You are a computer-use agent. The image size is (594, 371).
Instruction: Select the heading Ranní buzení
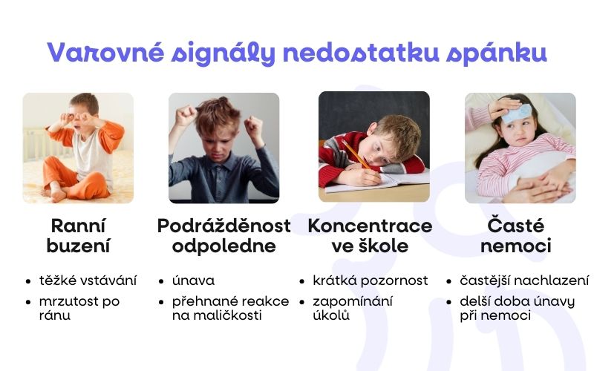[x=78, y=235]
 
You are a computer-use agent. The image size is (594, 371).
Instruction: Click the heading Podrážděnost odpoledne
[x=223, y=235]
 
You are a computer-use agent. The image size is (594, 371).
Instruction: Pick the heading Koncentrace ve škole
[x=370, y=235]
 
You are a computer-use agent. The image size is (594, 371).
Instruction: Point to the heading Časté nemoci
[x=515, y=235]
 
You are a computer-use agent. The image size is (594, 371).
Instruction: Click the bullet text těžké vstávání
[x=88, y=280]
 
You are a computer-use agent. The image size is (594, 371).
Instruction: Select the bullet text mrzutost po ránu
[x=79, y=308]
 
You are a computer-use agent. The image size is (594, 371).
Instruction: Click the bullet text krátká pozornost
[x=371, y=280]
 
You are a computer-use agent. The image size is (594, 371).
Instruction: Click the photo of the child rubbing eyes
[x=78, y=148]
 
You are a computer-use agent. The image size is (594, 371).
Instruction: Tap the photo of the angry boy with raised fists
[x=223, y=148]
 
